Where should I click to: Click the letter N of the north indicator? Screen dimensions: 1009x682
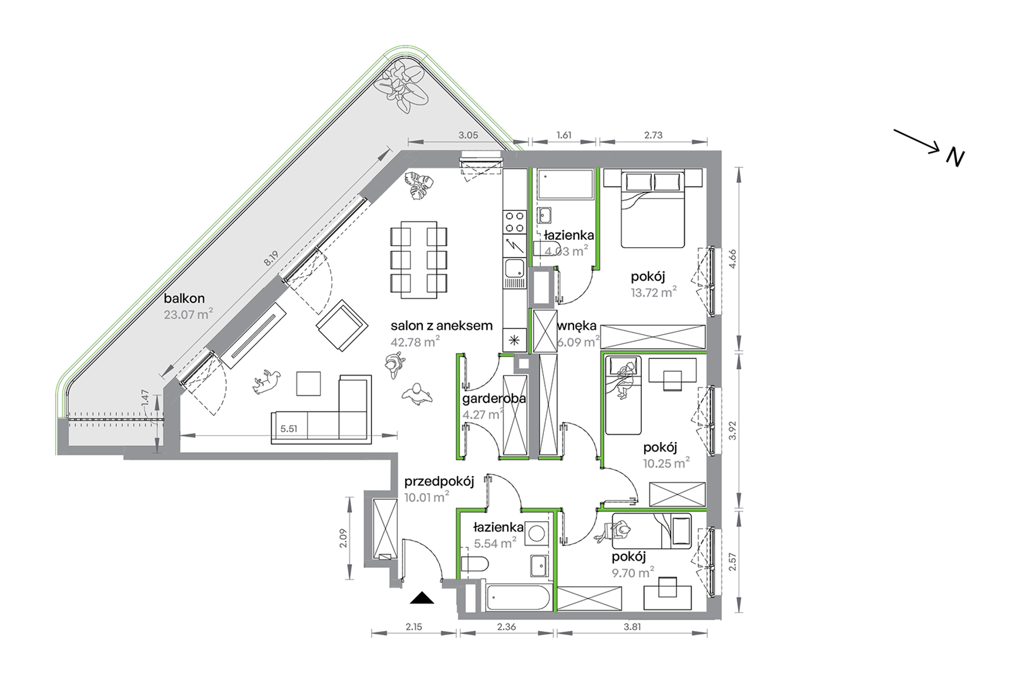[955, 158]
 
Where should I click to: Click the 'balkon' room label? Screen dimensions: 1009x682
[184, 298]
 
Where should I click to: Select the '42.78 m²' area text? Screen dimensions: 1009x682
[415, 342]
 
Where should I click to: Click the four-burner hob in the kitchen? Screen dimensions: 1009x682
[514, 222]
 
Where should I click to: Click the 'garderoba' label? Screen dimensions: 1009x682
[494, 399]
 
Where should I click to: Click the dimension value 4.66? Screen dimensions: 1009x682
[733, 260]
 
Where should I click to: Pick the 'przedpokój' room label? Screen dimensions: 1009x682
[439, 482]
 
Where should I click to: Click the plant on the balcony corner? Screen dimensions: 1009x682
[401, 86]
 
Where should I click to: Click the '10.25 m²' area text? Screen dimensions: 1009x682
[666, 463]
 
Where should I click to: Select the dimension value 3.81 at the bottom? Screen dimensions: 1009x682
[632, 626]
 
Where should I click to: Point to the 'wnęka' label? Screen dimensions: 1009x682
[577, 326]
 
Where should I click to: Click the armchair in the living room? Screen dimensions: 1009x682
[342, 325]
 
